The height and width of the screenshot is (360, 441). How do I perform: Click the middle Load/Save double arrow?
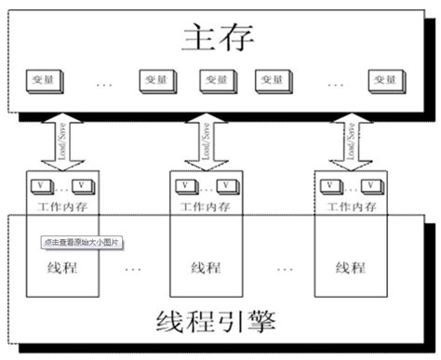[200, 140]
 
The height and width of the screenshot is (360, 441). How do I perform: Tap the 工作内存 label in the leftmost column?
[58, 204]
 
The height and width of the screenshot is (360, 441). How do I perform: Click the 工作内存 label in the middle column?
[203, 204]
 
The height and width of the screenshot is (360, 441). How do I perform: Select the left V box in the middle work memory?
[183, 185]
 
